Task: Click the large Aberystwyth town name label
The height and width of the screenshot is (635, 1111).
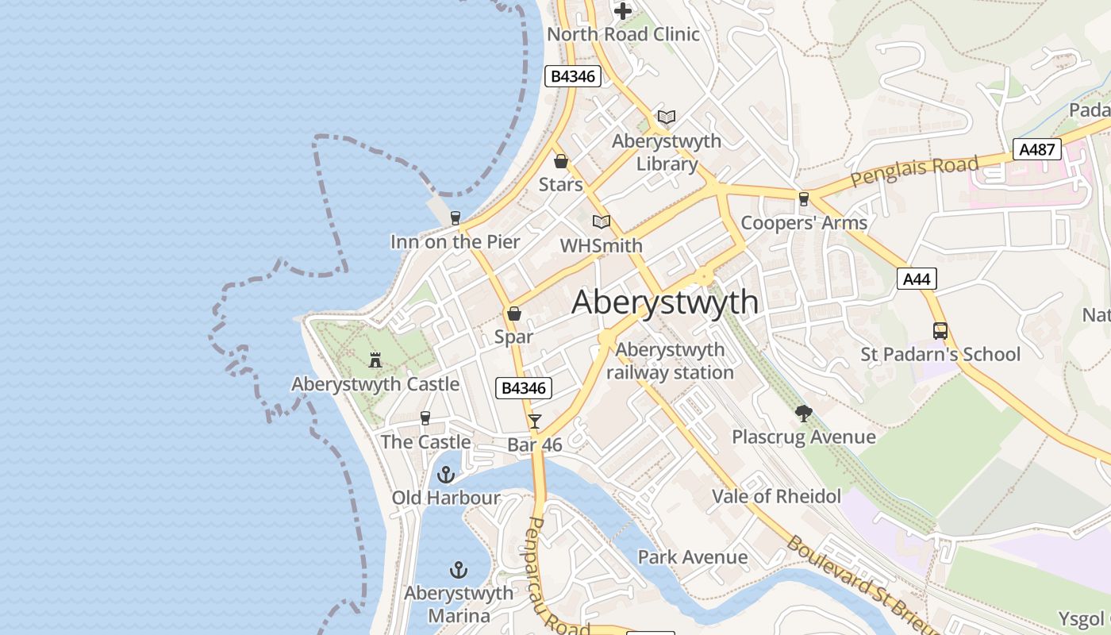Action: [x=664, y=302]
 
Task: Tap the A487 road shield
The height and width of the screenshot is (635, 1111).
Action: [x=1036, y=149]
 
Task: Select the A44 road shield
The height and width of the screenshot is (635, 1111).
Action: [x=917, y=279]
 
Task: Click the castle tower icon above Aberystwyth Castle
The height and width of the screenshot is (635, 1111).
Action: [x=375, y=360]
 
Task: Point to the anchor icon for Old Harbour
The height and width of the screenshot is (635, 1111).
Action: [x=446, y=475]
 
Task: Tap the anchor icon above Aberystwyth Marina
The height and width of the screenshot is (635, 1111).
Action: [x=458, y=570]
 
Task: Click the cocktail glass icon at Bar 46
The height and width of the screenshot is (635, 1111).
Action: [x=535, y=421]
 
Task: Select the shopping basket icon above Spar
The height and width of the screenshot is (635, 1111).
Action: [x=514, y=314]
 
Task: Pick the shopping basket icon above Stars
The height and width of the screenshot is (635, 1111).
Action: [x=561, y=161]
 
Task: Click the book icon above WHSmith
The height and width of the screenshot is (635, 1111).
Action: [x=602, y=221]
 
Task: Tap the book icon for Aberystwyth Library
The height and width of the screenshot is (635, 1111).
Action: [x=667, y=117]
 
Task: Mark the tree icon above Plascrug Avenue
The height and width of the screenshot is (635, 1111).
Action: [x=803, y=413]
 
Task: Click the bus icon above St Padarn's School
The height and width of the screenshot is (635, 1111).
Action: [x=940, y=330]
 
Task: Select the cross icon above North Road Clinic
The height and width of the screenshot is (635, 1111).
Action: [x=624, y=11]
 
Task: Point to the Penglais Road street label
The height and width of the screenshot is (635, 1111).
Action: [x=914, y=171]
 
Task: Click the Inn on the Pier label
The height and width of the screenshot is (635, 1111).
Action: [x=455, y=242]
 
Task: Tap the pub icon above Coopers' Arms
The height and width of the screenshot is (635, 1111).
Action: [x=804, y=198]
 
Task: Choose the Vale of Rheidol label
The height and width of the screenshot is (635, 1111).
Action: [x=776, y=497]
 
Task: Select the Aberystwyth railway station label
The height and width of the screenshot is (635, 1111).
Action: [x=671, y=361]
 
